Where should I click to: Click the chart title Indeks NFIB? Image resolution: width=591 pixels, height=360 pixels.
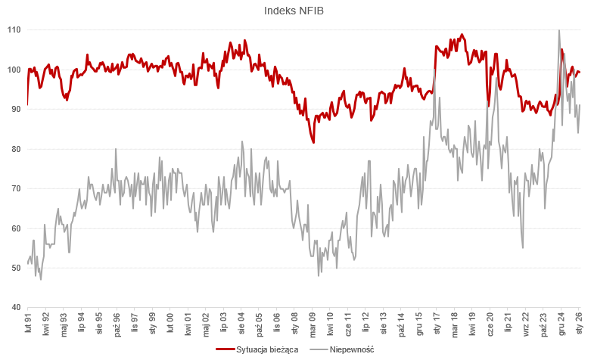[294, 11]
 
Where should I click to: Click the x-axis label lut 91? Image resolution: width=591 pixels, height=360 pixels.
[28, 324]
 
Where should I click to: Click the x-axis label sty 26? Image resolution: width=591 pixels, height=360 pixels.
[580, 324]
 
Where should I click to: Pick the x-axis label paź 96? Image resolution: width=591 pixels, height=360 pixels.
[117, 324]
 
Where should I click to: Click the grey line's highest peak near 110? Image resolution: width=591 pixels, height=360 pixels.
[558, 30]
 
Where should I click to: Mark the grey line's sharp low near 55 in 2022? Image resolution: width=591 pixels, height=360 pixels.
[523, 247]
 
